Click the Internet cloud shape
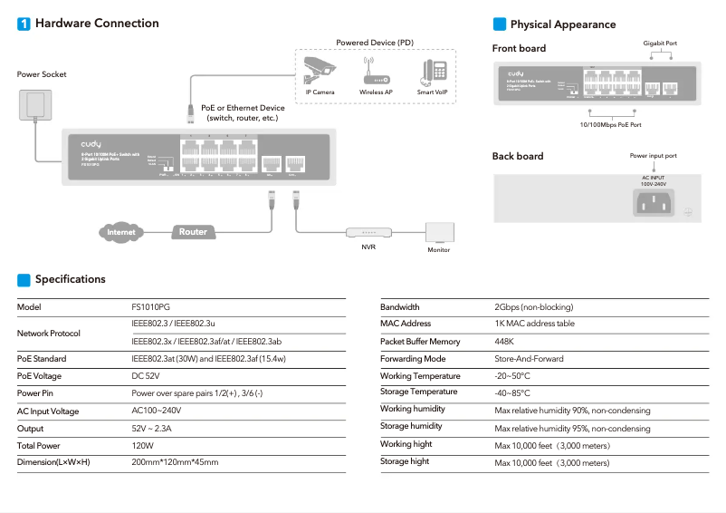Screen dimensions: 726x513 121,232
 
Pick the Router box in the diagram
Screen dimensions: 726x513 193,232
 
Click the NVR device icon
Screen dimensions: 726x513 368,232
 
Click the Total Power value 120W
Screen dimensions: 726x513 143,446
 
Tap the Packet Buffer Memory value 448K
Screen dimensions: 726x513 504,342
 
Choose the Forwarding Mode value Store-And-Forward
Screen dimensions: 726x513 529,359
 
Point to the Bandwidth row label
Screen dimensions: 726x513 400,307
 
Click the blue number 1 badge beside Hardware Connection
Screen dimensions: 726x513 24,24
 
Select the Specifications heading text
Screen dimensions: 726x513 71,279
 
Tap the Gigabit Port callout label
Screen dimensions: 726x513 660,43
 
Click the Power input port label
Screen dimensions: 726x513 653,156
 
